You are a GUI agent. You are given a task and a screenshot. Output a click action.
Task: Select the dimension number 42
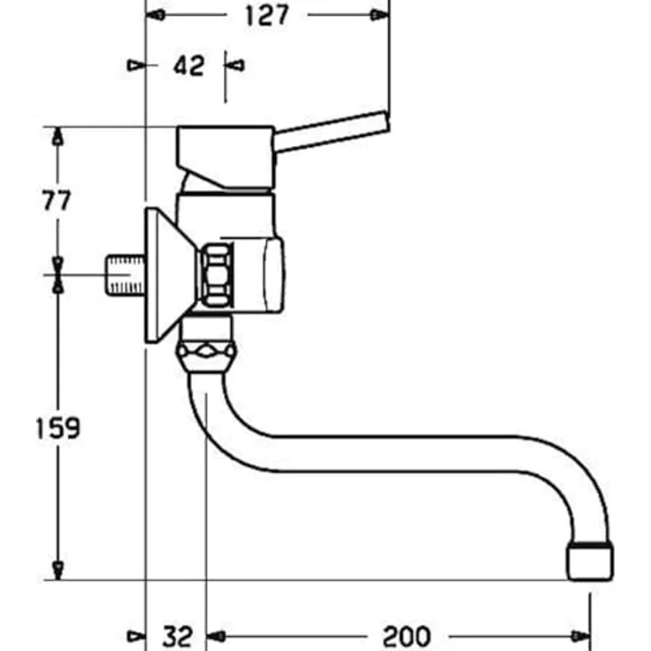(x=188, y=65)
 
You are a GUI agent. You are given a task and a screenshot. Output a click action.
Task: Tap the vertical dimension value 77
(x=57, y=200)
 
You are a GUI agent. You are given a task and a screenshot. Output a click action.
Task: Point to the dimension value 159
(x=57, y=428)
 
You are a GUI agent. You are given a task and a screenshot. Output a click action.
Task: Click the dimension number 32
(x=177, y=635)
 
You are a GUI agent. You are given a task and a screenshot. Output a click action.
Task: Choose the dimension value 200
(x=406, y=635)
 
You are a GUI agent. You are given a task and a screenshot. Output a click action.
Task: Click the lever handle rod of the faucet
(x=332, y=133)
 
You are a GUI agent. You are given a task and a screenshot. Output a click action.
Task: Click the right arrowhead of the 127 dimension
(x=379, y=15)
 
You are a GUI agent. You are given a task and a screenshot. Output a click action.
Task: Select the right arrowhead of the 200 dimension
(x=580, y=635)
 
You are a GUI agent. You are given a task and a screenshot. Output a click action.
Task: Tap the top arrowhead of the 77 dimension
(x=57, y=136)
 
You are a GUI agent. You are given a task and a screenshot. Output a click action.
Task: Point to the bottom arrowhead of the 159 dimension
(x=57, y=571)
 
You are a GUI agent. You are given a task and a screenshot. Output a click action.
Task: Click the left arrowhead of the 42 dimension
(x=135, y=65)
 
